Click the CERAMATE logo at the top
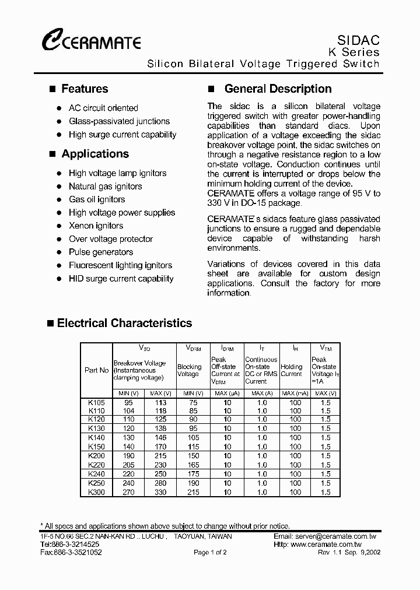tap(90, 41)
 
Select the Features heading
tap(85, 89)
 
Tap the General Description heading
tap(278, 89)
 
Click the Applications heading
tap(95, 154)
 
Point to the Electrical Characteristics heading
tap(124, 323)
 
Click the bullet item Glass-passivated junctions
tap(119, 121)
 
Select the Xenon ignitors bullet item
tap(96, 226)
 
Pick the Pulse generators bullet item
tap(101, 252)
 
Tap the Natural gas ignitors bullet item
tap(105, 187)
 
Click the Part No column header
tap(96, 370)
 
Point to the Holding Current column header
tap(291, 370)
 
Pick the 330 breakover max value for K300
tap(160, 493)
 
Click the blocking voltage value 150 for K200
tap(192, 456)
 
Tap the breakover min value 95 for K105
tap(128, 403)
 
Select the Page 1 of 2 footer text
tap(210, 552)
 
